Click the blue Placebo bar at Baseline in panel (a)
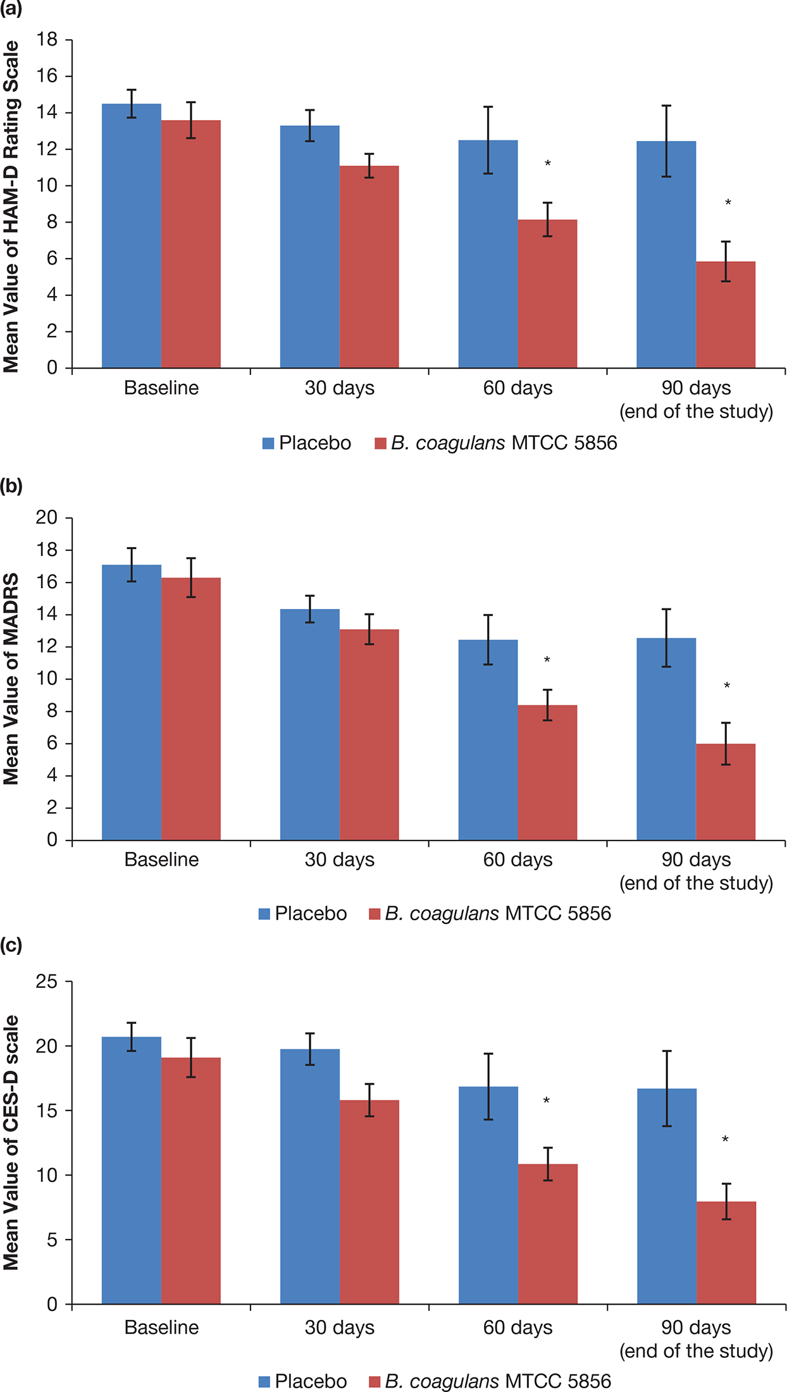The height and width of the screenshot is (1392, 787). tap(132, 237)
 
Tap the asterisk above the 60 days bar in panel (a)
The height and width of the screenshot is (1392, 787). tap(548, 164)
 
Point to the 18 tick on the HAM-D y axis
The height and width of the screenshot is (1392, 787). tap(47, 40)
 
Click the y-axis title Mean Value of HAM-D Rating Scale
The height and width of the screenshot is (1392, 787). tap(11, 207)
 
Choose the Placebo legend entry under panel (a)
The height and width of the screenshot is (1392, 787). tap(307, 443)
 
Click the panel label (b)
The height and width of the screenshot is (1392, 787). tap(11, 486)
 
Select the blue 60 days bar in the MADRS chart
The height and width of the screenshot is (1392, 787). tap(488, 740)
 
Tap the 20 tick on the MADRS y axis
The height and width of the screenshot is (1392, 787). tap(47, 518)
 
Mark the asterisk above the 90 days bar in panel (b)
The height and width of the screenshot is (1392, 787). tap(727, 686)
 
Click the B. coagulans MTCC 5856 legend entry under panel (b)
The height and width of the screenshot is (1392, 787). tap(490, 914)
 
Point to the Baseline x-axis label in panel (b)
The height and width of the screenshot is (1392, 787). tap(161, 859)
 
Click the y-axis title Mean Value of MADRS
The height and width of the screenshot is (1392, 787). tap(11, 679)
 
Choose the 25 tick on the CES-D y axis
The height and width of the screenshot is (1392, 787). tap(47, 982)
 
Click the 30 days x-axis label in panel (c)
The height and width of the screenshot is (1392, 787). tap(340, 1327)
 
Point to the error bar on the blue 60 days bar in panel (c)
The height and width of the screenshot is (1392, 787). tap(488, 1087)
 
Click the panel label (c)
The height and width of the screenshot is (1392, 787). tap(11, 945)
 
